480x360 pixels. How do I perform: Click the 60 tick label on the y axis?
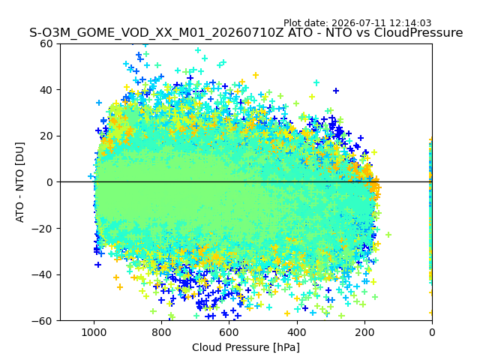pyautogui.click(x=46, y=43)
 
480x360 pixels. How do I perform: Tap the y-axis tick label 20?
pyautogui.click(x=46, y=136)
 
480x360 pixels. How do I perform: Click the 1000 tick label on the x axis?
pyautogui.click(x=94, y=332)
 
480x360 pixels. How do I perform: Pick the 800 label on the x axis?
pyautogui.click(x=162, y=332)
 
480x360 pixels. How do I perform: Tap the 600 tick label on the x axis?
pyautogui.click(x=229, y=332)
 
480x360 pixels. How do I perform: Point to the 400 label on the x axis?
pyautogui.click(x=297, y=332)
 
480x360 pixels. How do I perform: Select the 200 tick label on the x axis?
pyautogui.click(x=364, y=332)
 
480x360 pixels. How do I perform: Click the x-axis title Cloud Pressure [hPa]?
pyautogui.click(x=246, y=347)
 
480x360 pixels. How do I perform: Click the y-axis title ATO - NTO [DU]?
pyautogui.click(x=20, y=182)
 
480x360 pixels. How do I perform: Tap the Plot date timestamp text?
pyautogui.click(x=357, y=23)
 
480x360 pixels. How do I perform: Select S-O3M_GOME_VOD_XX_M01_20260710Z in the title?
pyautogui.click(x=157, y=33)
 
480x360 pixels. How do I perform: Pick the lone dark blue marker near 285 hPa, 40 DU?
pyautogui.click(x=336, y=91)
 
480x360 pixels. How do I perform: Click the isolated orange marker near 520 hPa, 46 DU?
pyautogui.click(x=256, y=75)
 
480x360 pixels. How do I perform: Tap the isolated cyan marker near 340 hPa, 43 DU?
pyautogui.click(x=316, y=82)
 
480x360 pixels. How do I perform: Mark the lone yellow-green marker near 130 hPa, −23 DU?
pyautogui.click(x=388, y=235)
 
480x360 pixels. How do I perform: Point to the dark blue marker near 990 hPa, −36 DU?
pyautogui.click(x=98, y=265)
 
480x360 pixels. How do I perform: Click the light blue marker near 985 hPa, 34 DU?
pyautogui.click(x=99, y=103)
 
